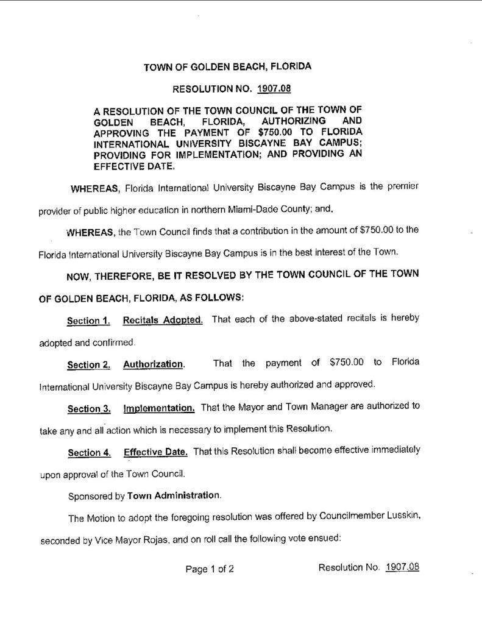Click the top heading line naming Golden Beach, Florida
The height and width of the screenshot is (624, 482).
227,66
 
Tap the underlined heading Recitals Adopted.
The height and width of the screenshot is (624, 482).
163,320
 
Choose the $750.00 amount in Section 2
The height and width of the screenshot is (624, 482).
346,364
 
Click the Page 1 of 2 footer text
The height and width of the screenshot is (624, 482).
210,569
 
